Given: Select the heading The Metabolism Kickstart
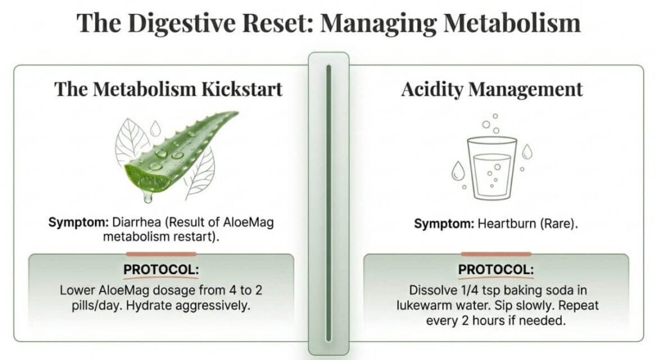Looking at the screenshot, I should tap(168, 89).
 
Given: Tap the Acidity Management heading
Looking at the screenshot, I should tap(492, 89).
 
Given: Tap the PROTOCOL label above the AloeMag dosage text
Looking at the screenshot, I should tap(160, 270).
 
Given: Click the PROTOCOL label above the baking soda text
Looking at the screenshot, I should tap(497, 270).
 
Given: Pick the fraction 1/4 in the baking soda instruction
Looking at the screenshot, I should tap(467, 290).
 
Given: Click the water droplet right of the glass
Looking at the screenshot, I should tap(527, 151).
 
